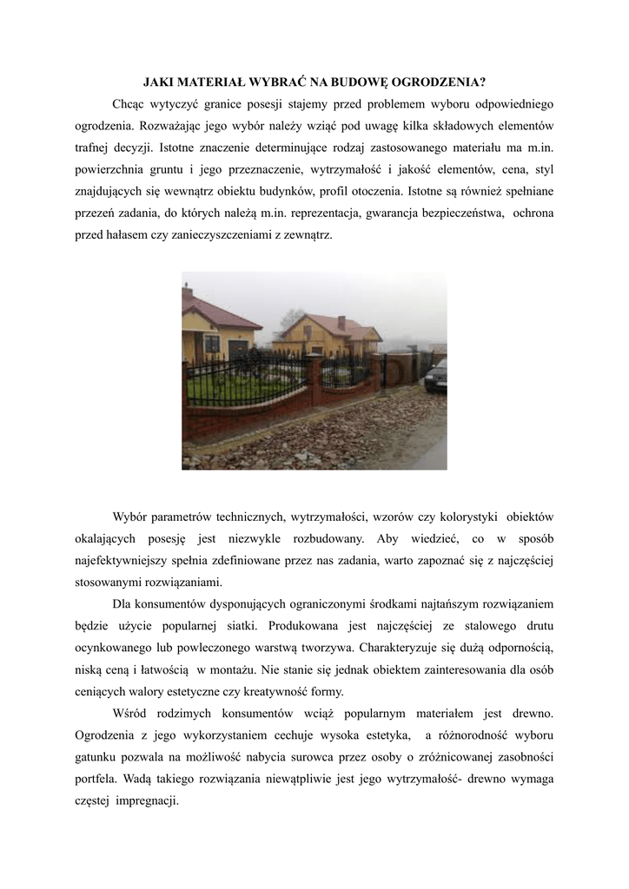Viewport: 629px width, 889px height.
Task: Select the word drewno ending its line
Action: point(531,713)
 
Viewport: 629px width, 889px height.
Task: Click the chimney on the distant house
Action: point(341,322)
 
